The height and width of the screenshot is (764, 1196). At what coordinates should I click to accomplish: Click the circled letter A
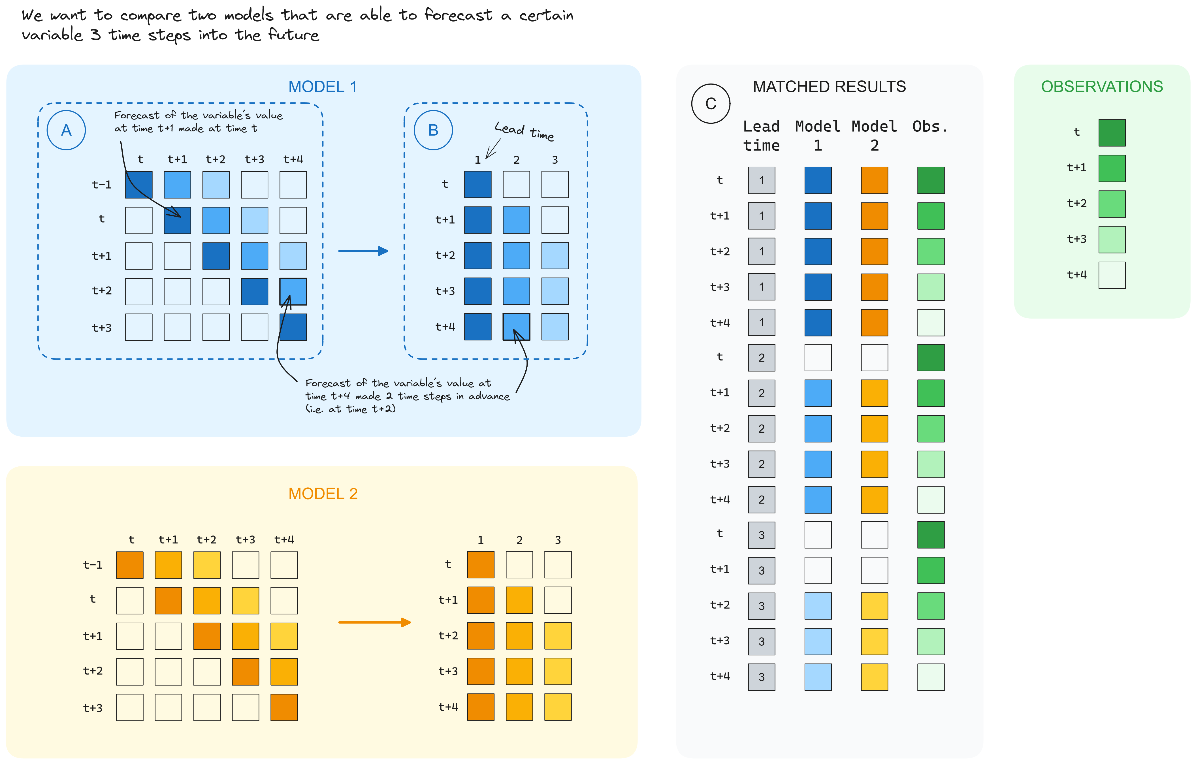(x=66, y=130)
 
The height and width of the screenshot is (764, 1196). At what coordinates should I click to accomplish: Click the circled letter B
(x=433, y=130)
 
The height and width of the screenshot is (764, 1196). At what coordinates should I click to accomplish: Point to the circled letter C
(x=711, y=104)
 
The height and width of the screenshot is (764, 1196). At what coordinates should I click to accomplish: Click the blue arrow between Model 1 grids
(x=363, y=251)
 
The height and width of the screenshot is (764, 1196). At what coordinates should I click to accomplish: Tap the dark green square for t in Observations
(x=1112, y=133)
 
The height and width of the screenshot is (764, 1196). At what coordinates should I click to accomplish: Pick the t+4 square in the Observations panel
(x=1112, y=275)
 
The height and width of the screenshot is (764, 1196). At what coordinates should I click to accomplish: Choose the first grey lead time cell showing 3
(x=761, y=535)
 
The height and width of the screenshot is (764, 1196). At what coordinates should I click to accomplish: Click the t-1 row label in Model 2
(x=93, y=565)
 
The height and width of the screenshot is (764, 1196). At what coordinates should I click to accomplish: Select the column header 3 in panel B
(x=555, y=160)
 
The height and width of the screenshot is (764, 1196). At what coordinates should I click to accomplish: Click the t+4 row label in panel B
(x=445, y=327)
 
